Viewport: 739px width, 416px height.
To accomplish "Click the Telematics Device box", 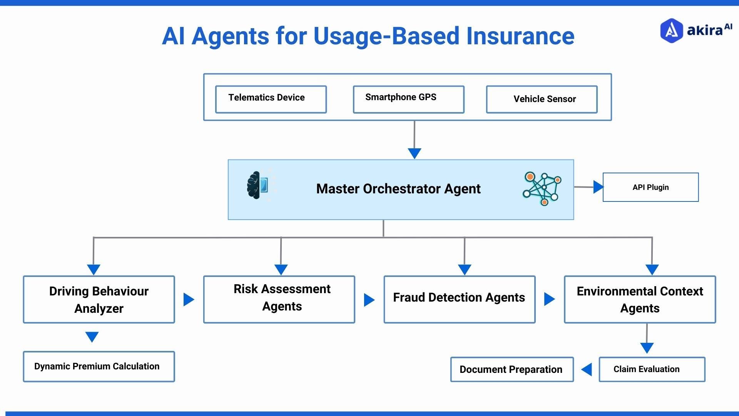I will pyautogui.click(x=271, y=99).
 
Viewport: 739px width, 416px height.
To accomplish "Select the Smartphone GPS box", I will pyautogui.click(x=408, y=99).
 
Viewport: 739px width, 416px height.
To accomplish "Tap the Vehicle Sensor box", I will pyautogui.click(x=542, y=99).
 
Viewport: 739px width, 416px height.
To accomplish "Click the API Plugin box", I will pyautogui.click(x=650, y=187).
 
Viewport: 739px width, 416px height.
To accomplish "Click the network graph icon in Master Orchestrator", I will pyautogui.click(x=542, y=188).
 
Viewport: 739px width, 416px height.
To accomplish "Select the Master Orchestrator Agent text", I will pyautogui.click(x=398, y=189).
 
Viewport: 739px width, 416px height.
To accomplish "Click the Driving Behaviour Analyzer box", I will pyautogui.click(x=99, y=299).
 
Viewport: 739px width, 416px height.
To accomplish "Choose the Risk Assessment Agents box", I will pyautogui.click(x=279, y=299).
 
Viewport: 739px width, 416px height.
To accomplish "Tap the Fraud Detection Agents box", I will pyautogui.click(x=459, y=299).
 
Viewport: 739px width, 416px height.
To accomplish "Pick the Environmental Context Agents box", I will pyautogui.click(x=640, y=299).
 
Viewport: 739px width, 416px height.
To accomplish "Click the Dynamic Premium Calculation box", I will pyautogui.click(x=99, y=366).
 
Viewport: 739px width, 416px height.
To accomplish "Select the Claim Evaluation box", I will pyautogui.click(x=652, y=369).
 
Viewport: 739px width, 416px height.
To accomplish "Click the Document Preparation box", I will pyautogui.click(x=512, y=369).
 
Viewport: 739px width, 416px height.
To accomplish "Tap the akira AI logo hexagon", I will pyautogui.click(x=671, y=30).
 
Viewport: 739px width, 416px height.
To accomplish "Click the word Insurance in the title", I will pyautogui.click(x=520, y=36).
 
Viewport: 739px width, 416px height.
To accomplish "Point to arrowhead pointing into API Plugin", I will pyautogui.click(x=598, y=187).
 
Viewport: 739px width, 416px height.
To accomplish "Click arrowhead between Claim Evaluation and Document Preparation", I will pyautogui.click(x=587, y=369).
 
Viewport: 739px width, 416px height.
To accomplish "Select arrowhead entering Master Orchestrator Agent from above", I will pyautogui.click(x=414, y=153).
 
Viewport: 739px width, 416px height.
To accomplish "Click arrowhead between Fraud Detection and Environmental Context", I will pyautogui.click(x=549, y=299).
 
